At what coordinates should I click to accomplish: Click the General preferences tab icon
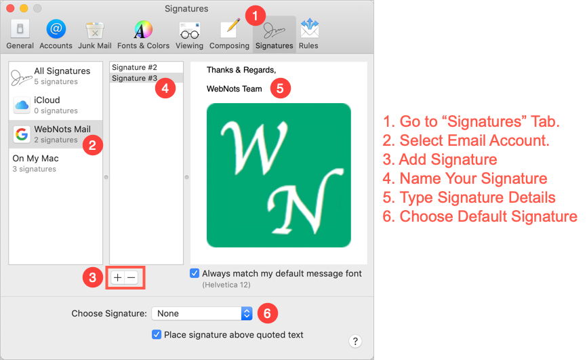click(20, 29)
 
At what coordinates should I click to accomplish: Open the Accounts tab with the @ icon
click(56, 29)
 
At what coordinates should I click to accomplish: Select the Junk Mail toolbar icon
click(95, 30)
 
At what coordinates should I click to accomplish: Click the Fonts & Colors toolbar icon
click(143, 30)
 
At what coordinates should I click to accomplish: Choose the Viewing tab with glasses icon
click(189, 31)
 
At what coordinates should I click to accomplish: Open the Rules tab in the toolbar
click(309, 28)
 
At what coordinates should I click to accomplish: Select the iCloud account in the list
click(56, 105)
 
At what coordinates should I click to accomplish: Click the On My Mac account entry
click(56, 163)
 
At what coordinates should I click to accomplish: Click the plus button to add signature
click(117, 277)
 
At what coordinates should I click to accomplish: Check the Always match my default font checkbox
click(195, 273)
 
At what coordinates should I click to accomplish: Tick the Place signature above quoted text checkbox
click(157, 334)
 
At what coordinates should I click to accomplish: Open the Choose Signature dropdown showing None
click(202, 313)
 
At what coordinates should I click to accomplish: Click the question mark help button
click(355, 341)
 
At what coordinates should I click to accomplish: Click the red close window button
click(10, 8)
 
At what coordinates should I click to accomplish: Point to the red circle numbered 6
click(267, 313)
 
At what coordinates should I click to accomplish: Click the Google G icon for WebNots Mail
click(22, 134)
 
